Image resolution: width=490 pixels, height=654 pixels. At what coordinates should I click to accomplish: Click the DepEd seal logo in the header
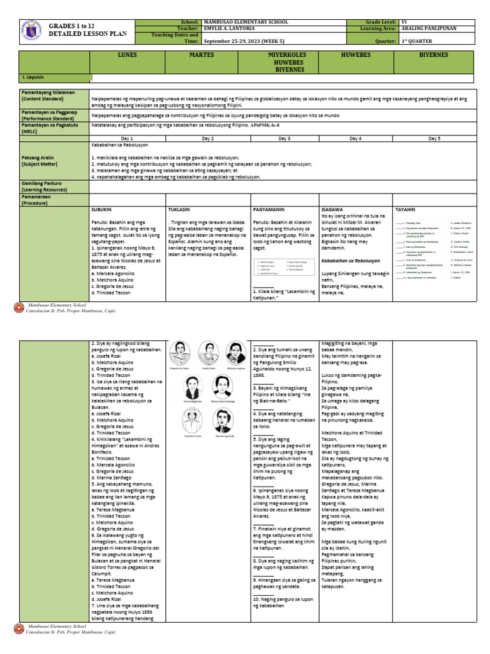(x=28, y=33)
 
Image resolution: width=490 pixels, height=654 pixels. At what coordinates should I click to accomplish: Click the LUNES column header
(x=128, y=56)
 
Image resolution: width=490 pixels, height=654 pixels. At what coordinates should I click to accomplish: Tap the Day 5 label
(x=434, y=138)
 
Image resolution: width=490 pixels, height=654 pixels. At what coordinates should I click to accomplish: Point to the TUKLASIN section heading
(x=179, y=209)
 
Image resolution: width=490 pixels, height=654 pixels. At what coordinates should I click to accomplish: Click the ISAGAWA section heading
(x=333, y=209)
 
